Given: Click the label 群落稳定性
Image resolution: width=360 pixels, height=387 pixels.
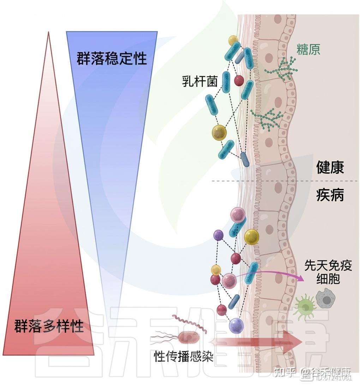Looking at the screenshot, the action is pyautogui.click(x=112, y=58).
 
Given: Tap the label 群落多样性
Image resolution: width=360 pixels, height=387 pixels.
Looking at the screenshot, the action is pyautogui.click(x=49, y=326).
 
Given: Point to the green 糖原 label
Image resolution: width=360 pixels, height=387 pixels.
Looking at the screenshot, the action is pyautogui.click(x=308, y=50).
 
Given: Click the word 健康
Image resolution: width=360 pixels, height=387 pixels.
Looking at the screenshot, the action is pyautogui.click(x=330, y=167).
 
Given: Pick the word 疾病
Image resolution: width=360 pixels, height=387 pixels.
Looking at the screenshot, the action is pyautogui.click(x=330, y=195).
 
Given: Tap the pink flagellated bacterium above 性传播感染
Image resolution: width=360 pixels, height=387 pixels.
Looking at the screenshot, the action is pyautogui.click(x=190, y=338).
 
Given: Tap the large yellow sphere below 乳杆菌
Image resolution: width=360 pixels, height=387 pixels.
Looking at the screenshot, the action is pyautogui.click(x=220, y=133).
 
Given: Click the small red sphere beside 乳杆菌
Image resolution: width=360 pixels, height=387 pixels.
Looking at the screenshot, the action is pyautogui.click(x=239, y=81).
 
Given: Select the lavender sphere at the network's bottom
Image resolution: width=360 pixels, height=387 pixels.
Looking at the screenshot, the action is pyautogui.click(x=236, y=326).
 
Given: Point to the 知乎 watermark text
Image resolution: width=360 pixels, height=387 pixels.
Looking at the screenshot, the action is pyautogui.click(x=285, y=372).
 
